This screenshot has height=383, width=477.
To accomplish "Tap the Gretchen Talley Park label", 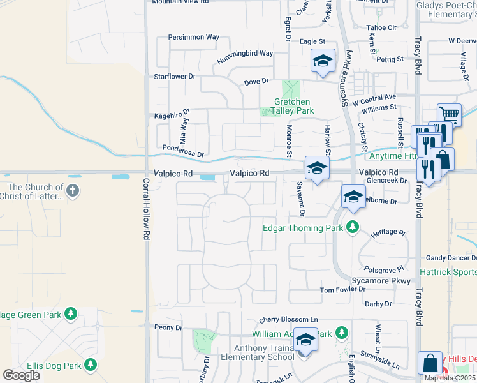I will pyautogui.click(x=292, y=106).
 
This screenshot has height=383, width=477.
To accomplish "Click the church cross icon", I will pyautogui.click(x=73, y=190).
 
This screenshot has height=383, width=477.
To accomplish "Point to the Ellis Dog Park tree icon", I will pyautogui.click(x=91, y=365).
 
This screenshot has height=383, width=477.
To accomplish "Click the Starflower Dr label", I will pyautogui.click(x=174, y=76).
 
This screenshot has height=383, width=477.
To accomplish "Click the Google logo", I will pyautogui.click(x=21, y=375).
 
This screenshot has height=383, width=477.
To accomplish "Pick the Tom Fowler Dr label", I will pyautogui.click(x=342, y=290).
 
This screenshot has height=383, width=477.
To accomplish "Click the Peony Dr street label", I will pyautogui.click(x=168, y=327).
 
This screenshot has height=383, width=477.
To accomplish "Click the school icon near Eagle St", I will pyautogui.click(x=323, y=61).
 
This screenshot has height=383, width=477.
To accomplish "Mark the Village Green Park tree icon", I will pyautogui.click(x=71, y=313).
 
